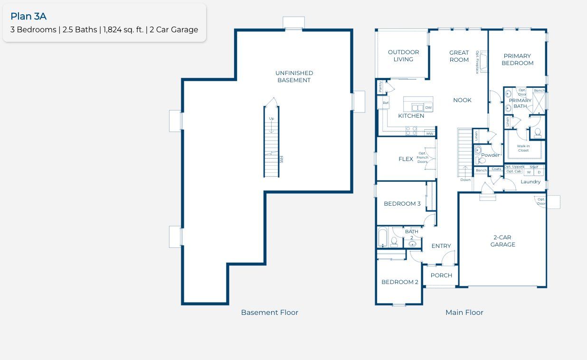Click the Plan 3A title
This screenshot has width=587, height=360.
pos(28,16)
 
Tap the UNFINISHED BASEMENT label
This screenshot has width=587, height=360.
pos(294,76)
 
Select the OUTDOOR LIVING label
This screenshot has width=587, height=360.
pos(403,56)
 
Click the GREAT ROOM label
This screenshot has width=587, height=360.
pos(459,56)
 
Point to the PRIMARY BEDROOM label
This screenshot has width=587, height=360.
pos(517,59)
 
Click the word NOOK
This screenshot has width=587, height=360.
pos(462,100)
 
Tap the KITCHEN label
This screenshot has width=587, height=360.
pos(411,116)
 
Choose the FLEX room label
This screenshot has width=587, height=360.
pos(406,159)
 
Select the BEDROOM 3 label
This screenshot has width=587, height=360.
pos(402,204)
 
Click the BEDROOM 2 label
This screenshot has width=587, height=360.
pos(400,282)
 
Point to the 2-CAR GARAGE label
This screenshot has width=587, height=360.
pos(502,241)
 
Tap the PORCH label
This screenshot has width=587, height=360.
pos(441,275)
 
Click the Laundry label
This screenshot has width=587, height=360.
pos(530,182)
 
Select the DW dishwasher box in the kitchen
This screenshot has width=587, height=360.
pos(428,108)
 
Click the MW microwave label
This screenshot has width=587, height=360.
pos(430,134)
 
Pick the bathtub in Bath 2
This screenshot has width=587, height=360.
pos(383,238)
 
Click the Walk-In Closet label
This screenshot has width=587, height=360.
pos(523,148)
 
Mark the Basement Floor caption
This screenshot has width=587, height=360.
pos(269,313)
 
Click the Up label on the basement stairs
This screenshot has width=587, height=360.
pos(271,119)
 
